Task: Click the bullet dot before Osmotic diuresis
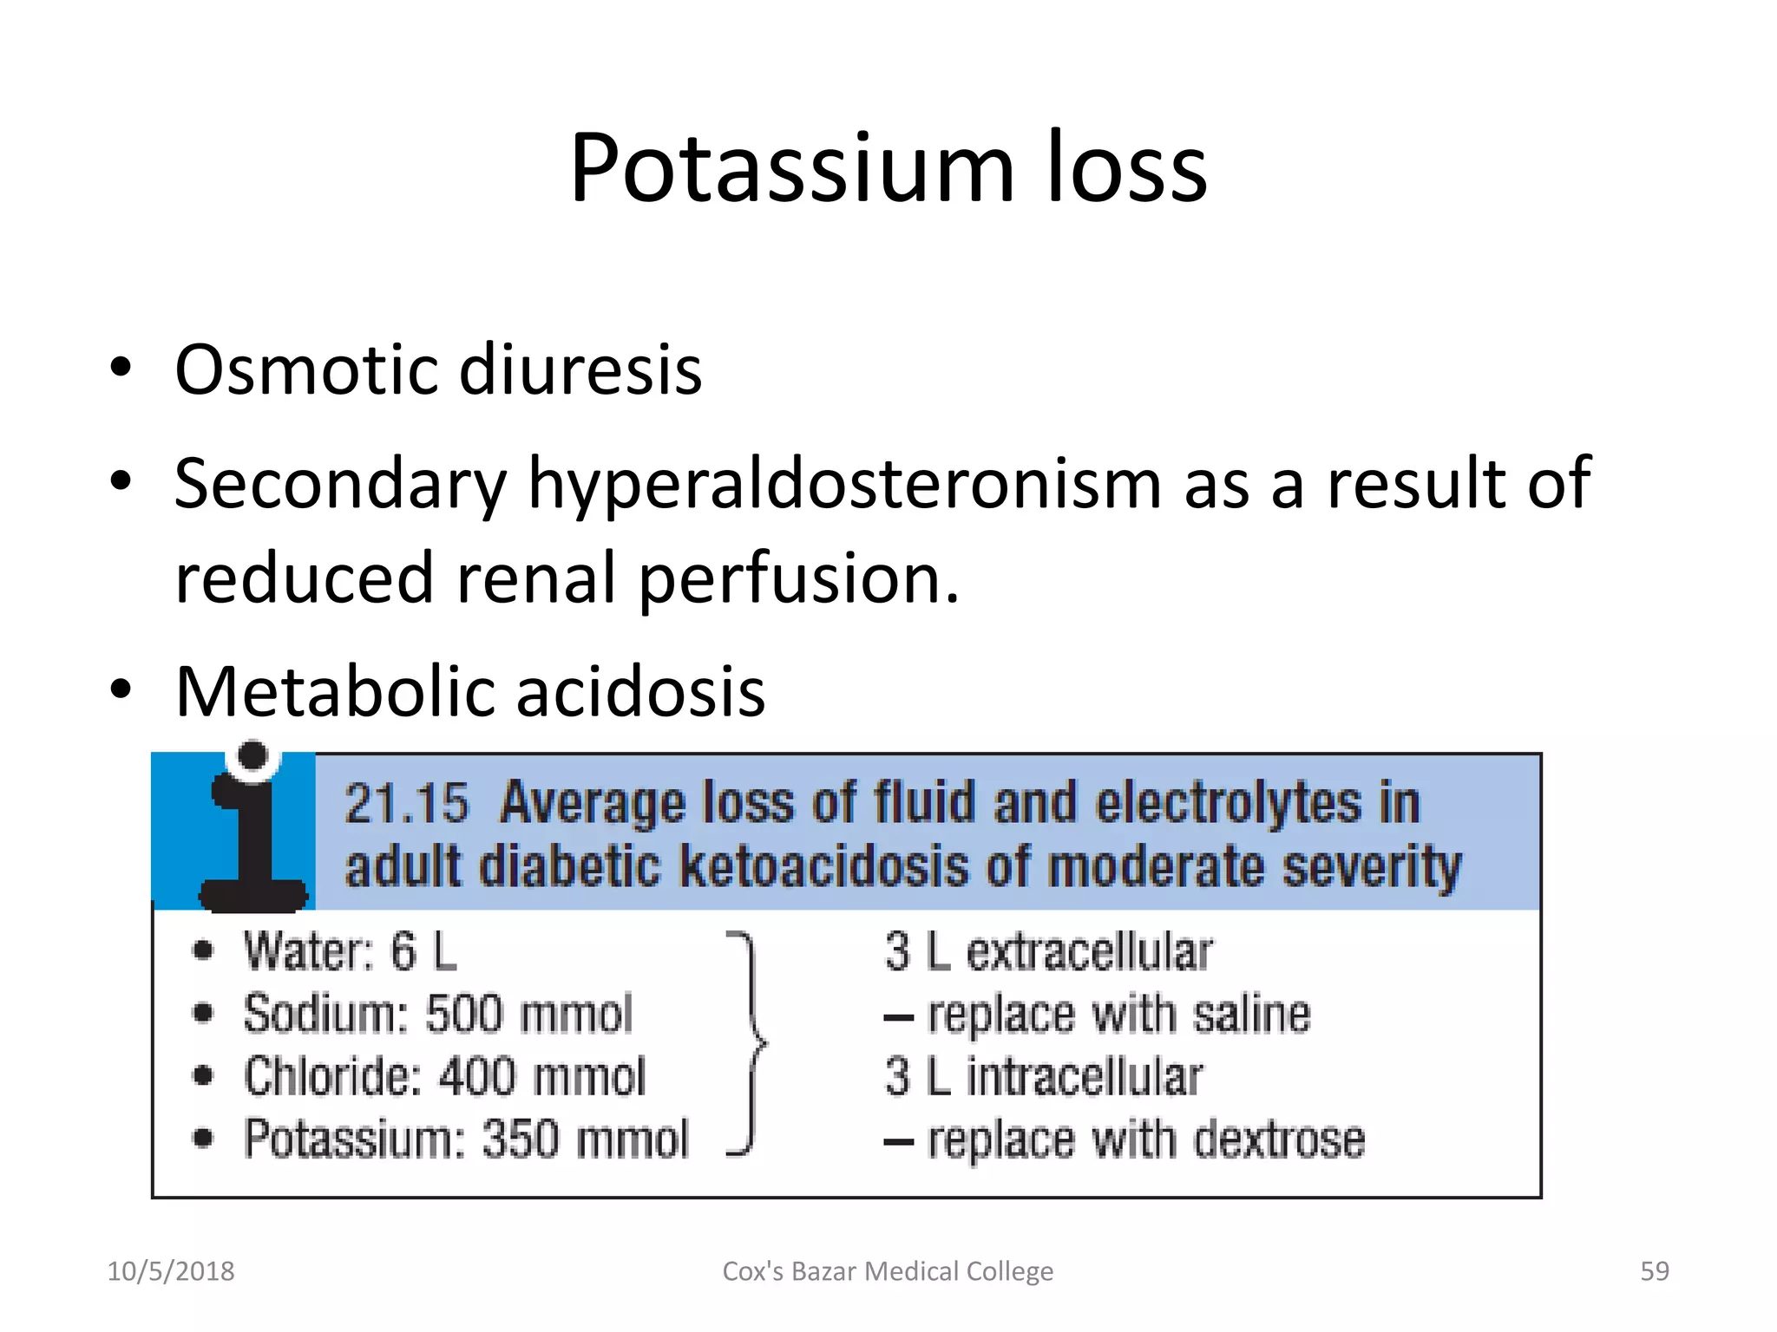[121, 368]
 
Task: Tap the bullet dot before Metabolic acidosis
[121, 690]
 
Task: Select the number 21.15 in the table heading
[406, 803]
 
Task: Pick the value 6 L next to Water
[423, 951]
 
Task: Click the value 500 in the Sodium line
[464, 1014]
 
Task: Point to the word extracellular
[1089, 952]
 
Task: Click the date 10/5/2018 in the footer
[171, 1271]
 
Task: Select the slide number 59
[1654, 1271]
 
